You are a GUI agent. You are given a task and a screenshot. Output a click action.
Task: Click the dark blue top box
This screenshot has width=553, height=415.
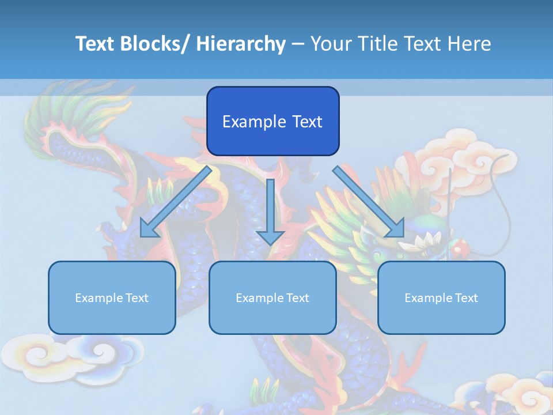click(x=272, y=121)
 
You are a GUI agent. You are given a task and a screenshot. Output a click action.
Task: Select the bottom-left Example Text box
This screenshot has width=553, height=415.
click(x=112, y=297)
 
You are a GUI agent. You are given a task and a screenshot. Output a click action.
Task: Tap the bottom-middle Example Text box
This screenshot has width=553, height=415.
click(x=272, y=297)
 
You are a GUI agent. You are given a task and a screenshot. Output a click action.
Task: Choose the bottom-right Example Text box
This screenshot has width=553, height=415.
click(x=441, y=297)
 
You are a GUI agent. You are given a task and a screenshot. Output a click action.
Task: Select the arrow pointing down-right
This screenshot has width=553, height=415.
click(x=369, y=202)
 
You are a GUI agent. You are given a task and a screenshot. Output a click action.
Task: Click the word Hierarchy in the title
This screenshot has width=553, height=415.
click(x=241, y=44)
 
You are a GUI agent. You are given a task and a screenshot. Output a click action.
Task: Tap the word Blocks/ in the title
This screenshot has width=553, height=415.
click(x=153, y=44)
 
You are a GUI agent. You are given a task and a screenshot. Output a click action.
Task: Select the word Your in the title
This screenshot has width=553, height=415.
click(x=332, y=44)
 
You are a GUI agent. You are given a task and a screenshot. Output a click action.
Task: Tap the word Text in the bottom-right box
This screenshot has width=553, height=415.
click(x=467, y=297)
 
